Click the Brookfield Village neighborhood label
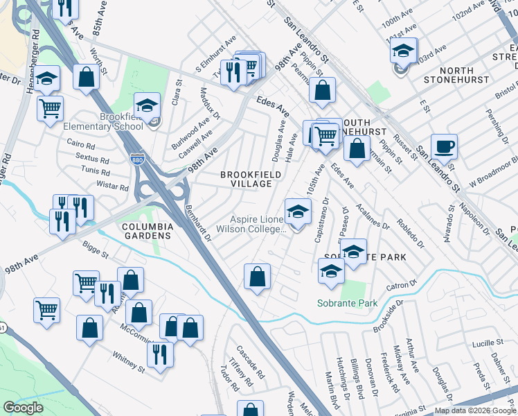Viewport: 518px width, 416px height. [251, 179]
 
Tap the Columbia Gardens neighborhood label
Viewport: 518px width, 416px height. [147, 231]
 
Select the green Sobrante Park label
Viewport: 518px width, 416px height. [347, 303]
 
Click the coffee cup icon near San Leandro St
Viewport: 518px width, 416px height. [443, 148]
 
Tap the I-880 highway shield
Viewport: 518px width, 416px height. [136, 159]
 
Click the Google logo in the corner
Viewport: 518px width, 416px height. [23, 408]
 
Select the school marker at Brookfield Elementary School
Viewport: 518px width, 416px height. [147, 106]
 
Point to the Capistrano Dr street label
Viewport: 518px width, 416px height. [321, 220]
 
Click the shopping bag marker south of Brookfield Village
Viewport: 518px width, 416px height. [257, 277]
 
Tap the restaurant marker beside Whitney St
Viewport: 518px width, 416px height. [160, 354]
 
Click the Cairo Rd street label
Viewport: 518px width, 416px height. [81, 146]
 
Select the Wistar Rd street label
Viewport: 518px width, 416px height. [114, 187]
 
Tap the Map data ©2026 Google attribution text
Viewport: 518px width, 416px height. [475, 410]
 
